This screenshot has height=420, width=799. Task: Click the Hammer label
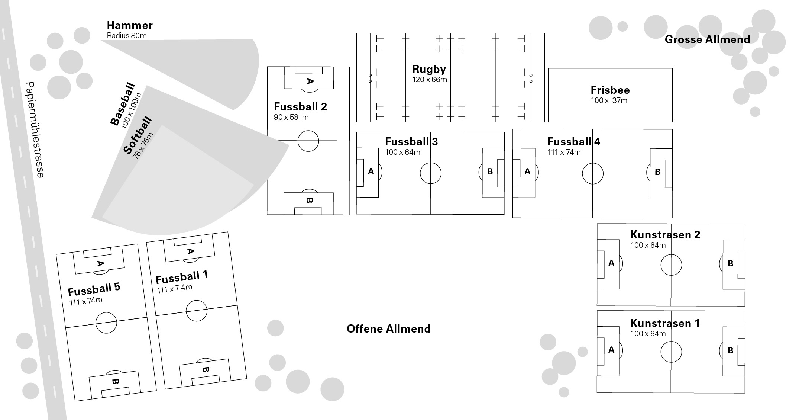click(x=130, y=25)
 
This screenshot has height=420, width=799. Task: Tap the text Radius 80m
click(x=127, y=36)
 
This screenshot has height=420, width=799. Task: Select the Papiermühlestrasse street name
click(x=35, y=129)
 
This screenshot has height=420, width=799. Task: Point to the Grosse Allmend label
click(x=707, y=39)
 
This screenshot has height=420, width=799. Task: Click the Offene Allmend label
click(x=388, y=329)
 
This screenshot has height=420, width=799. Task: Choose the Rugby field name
click(x=429, y=69)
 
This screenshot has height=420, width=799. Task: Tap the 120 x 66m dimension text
click(x=430, y=80)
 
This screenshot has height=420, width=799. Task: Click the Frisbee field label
click(x=610, y=90)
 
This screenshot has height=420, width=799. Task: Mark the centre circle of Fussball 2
click(x=308, y=141)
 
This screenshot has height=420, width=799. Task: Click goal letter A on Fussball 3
click(x=371, y=171)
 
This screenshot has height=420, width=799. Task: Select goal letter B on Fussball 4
click(x=657, y=172)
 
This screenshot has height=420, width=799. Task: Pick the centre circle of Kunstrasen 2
click(x=671, y=265)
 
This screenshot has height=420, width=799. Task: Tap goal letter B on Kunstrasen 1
click(x=730, y=350)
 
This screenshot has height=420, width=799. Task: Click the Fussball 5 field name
click(x=94, y=289)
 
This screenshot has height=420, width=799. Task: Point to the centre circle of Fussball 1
click(x=196, y=310)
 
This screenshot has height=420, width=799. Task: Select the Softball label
click(x=138, y=135)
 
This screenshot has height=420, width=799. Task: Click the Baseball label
click(x=123, y=104)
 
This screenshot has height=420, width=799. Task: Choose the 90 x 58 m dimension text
click(x=291, y=117)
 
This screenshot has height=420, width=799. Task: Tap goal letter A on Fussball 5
click(x=100, y=264)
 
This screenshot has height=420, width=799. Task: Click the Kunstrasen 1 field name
click(x=665, y=323)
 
